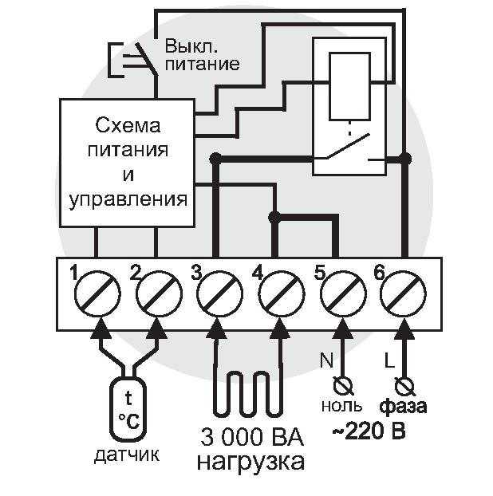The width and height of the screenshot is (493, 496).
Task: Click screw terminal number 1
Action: click(x=97, y=293)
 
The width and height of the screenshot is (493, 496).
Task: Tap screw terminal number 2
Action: click(x=160, y=293)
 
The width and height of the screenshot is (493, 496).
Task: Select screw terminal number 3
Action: click(x=220, y=293)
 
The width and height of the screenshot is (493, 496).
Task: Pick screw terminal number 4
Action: click(x=282, y=293)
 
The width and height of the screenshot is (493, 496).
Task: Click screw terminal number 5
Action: click(x=343, y=293)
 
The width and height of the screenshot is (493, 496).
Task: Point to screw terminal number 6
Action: click(x=404, y=293)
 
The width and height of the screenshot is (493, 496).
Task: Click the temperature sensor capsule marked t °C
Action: click(x=128, y=408)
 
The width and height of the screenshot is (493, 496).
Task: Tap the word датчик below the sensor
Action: click(x=127, y=455)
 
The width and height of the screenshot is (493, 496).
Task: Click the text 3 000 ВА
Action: click(x=252, y=437)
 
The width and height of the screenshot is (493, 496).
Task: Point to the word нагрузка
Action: click(x=251, y=463)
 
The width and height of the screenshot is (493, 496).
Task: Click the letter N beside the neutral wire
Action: click(x=327, y=360)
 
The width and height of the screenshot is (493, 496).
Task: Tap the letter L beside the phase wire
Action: click(x=389, y=360)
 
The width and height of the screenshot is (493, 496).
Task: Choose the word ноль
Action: click(x=341, y=406)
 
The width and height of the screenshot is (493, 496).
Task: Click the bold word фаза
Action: click(x=403, y=406)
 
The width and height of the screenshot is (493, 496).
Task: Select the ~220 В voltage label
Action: click(x=369, y=431)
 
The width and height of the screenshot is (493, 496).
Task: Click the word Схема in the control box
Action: click(x=128, y=125)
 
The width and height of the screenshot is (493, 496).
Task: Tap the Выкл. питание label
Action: click(x=202, y=55)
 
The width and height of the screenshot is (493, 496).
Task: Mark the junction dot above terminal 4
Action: click(x=274, y=217)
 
